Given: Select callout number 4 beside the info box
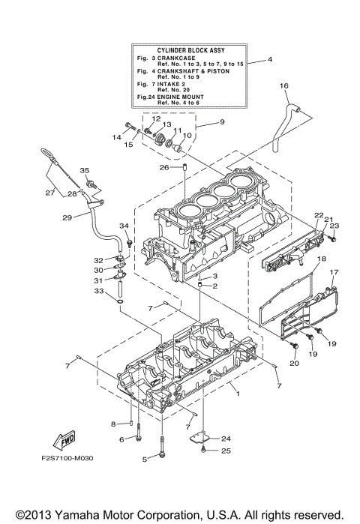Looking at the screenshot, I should click(x=270, y=58).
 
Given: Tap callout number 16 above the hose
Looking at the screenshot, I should click(x=284, y=86).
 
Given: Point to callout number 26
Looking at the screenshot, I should click(x=163, y=167).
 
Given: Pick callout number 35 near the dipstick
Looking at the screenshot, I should click(x=85, y=170).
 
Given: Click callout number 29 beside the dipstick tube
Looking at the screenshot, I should click(x=67, y=217).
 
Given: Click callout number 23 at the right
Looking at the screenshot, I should click(x=334, y=226).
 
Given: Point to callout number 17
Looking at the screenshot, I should click(x=335, y=272).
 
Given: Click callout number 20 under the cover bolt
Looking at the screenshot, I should click(x=294, y=363).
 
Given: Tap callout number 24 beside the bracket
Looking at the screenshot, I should click(x=226, y=438).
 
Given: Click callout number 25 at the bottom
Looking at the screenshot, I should click(x=226, y=451).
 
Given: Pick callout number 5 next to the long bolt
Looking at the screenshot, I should click(x=144, y=459).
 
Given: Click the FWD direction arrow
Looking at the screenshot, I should click(x=64, y=442).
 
